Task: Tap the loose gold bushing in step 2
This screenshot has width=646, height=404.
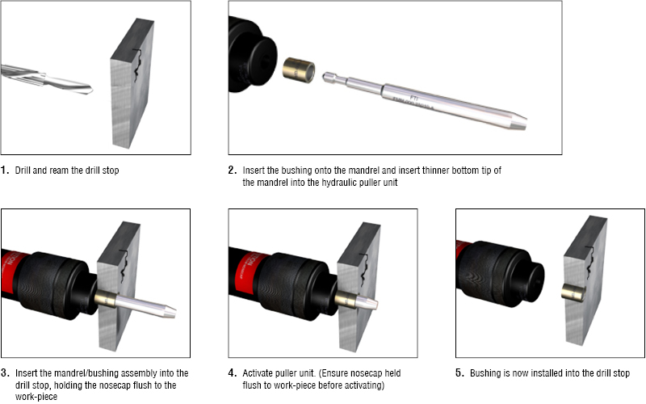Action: [299, 69]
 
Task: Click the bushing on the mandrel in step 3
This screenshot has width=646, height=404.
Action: [107, 299]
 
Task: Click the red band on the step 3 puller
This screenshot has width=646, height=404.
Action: [11, 272]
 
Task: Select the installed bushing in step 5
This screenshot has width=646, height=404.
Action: [573, 292]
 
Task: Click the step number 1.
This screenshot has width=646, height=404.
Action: [5, 170]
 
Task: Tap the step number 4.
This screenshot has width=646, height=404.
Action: [233, 373]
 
